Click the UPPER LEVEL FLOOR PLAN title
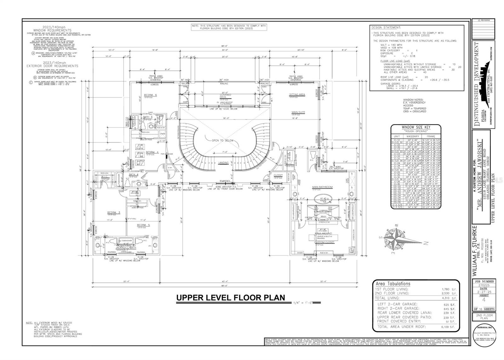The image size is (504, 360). point(230,297)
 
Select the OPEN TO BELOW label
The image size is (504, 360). point(223,141)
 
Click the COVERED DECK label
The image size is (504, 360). point(226,96)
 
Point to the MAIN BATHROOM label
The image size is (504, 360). point(322,187)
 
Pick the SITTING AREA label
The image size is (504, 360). point(297,95)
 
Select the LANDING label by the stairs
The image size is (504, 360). point(223,163)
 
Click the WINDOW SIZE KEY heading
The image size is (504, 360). point(416,127)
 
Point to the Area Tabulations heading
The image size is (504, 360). point(392,284)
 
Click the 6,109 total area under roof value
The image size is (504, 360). point(449,327)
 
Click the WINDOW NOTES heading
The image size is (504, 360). point(414,100)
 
